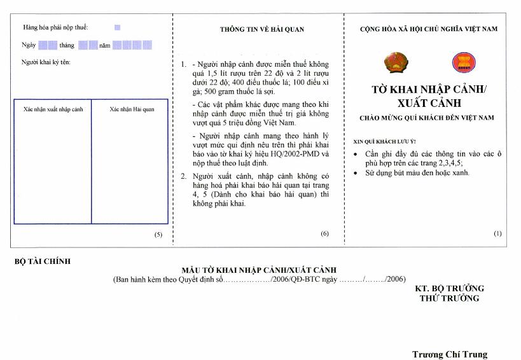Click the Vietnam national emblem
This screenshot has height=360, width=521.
(x=396, y=62)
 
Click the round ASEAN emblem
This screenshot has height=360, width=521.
(x=464, y=62)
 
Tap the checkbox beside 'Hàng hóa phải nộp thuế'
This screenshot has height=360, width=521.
(x=117, y=27)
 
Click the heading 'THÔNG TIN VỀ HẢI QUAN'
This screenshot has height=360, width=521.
(x=262, y=29)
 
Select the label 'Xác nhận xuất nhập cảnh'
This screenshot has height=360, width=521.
(x=53, y=109)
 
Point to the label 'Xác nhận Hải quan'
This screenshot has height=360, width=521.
(x=132, y=109)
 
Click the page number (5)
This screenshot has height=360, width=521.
(x=158, y=235)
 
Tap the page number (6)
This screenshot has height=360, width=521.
(x=324, y=233)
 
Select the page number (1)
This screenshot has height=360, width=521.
(x=497, y=233)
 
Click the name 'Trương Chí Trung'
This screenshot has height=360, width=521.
(x=450, y=354)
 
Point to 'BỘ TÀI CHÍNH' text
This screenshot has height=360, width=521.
(x=43, y=261)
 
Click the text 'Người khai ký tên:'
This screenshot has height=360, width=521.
(x=46, y=62)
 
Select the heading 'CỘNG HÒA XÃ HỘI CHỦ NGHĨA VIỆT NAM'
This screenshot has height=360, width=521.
(x=429, y=29)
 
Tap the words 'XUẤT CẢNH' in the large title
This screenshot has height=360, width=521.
(x=429, y=103)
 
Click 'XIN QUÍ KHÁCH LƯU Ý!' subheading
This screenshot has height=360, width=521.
(x=384, y=141)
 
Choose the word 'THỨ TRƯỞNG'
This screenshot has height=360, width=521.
(x=449, y=298)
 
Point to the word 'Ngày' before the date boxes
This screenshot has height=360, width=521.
(x=29, y=45)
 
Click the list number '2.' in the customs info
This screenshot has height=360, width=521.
(x=184, y=176)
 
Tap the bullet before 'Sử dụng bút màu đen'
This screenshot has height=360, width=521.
(x=356, y=173)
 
